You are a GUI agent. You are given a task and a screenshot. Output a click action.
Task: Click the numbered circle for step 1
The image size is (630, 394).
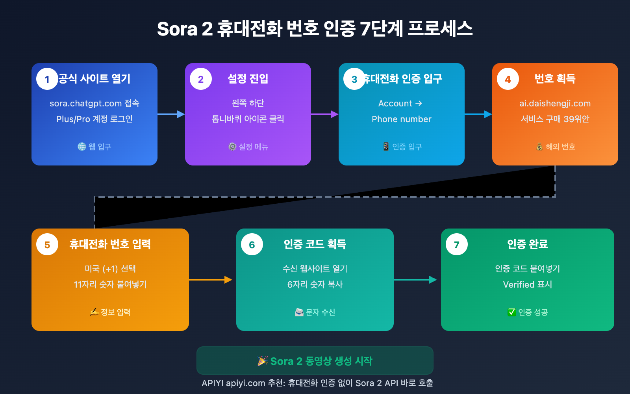47,79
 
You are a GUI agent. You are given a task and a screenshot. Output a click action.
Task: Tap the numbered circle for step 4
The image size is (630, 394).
508,79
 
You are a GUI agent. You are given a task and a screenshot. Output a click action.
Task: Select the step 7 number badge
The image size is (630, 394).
457,244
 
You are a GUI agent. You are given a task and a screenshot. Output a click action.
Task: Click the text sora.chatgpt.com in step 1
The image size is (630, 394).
85,104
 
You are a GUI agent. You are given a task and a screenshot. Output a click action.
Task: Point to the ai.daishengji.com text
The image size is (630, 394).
555,104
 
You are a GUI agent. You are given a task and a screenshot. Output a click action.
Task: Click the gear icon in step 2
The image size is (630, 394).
232,147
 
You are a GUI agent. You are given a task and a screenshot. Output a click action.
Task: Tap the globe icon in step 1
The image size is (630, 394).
82,147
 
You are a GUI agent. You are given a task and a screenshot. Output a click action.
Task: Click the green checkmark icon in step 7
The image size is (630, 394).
511,312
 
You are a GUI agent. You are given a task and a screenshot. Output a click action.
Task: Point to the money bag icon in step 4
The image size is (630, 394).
539,147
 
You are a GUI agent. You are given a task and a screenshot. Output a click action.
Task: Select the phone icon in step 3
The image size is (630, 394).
386,147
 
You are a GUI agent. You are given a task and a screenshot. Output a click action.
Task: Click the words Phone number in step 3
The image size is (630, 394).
402,119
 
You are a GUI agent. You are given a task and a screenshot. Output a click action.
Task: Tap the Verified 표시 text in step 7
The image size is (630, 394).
528,284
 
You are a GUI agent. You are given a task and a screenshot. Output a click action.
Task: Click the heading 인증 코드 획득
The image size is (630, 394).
315,244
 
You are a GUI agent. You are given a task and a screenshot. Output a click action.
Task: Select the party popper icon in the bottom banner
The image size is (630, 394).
263,361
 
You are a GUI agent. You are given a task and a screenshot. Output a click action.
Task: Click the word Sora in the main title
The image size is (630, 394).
177,29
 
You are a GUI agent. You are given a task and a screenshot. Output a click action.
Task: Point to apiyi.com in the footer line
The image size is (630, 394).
245,383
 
